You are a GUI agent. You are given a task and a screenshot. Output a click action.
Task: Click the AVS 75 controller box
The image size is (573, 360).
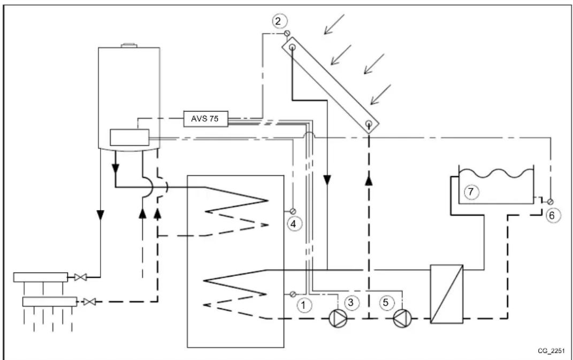(205, 118)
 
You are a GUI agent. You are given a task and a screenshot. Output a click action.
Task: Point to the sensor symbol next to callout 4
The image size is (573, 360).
(293, 209)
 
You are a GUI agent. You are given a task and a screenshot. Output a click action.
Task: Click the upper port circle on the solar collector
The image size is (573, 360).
(293, 48)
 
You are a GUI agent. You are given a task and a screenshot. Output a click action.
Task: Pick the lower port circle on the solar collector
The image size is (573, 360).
(369, 124)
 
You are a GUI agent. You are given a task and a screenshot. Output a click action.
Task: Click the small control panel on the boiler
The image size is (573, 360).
(128, 137)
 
